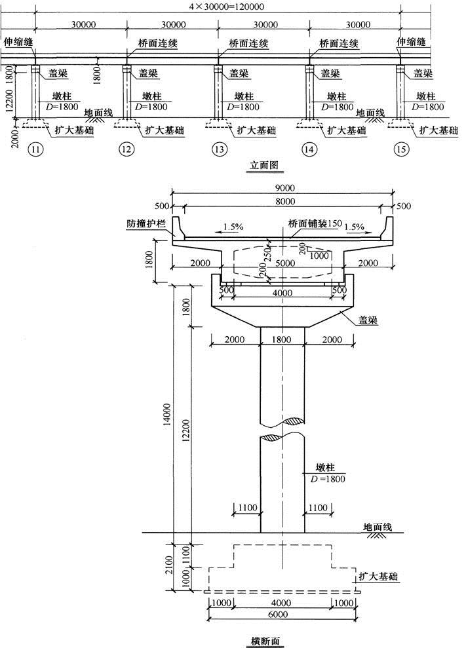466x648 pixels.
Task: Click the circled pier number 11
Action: (37, 149)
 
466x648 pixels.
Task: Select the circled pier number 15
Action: (402, 149)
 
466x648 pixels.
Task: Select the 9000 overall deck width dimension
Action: (282, 187)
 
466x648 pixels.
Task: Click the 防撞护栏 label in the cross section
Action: (147, 223)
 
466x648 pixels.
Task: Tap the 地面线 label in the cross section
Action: (378, 526)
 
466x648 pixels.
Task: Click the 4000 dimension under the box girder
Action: (282, 294)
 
